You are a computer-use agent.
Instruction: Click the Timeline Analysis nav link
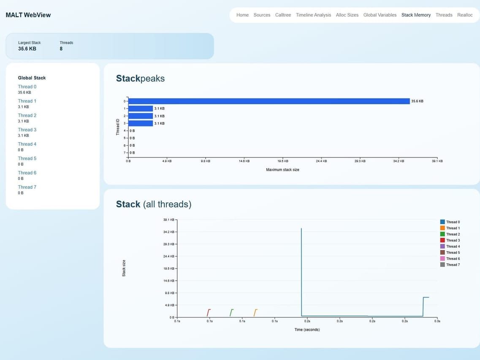(x=313, y=15)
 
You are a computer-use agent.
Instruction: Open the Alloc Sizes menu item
(x=347, y=15)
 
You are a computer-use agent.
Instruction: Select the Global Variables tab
(x=380, y=15)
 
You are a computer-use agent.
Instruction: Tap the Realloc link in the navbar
(x=465, y=15)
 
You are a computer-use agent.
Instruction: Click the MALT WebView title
(x=28, y=15)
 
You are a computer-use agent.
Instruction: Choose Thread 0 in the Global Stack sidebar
(x=27, y=87)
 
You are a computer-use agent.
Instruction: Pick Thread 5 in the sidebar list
(x=27, y=158)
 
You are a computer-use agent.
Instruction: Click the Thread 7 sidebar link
(x=27, y=187)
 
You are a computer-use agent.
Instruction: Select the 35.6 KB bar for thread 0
(x=268, y=101)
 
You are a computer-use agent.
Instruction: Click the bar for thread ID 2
(x=140, y=116)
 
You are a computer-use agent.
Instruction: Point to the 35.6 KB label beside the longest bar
(x=417, y=101)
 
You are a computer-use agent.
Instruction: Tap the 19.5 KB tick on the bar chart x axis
(x=282, y=161)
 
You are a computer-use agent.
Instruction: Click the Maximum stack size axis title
(x=282, y=170)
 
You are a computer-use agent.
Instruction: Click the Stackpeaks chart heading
(x=140, y=78)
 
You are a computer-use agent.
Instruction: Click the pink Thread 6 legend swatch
(x=442, y=258)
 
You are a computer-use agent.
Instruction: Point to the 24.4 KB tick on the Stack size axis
(x=169, y=256)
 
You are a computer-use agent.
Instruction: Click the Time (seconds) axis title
(x=307, y=330)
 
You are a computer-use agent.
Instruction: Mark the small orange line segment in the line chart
(x=255, y=312)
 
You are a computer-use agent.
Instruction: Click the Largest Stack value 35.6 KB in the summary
(x=27, y=49)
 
